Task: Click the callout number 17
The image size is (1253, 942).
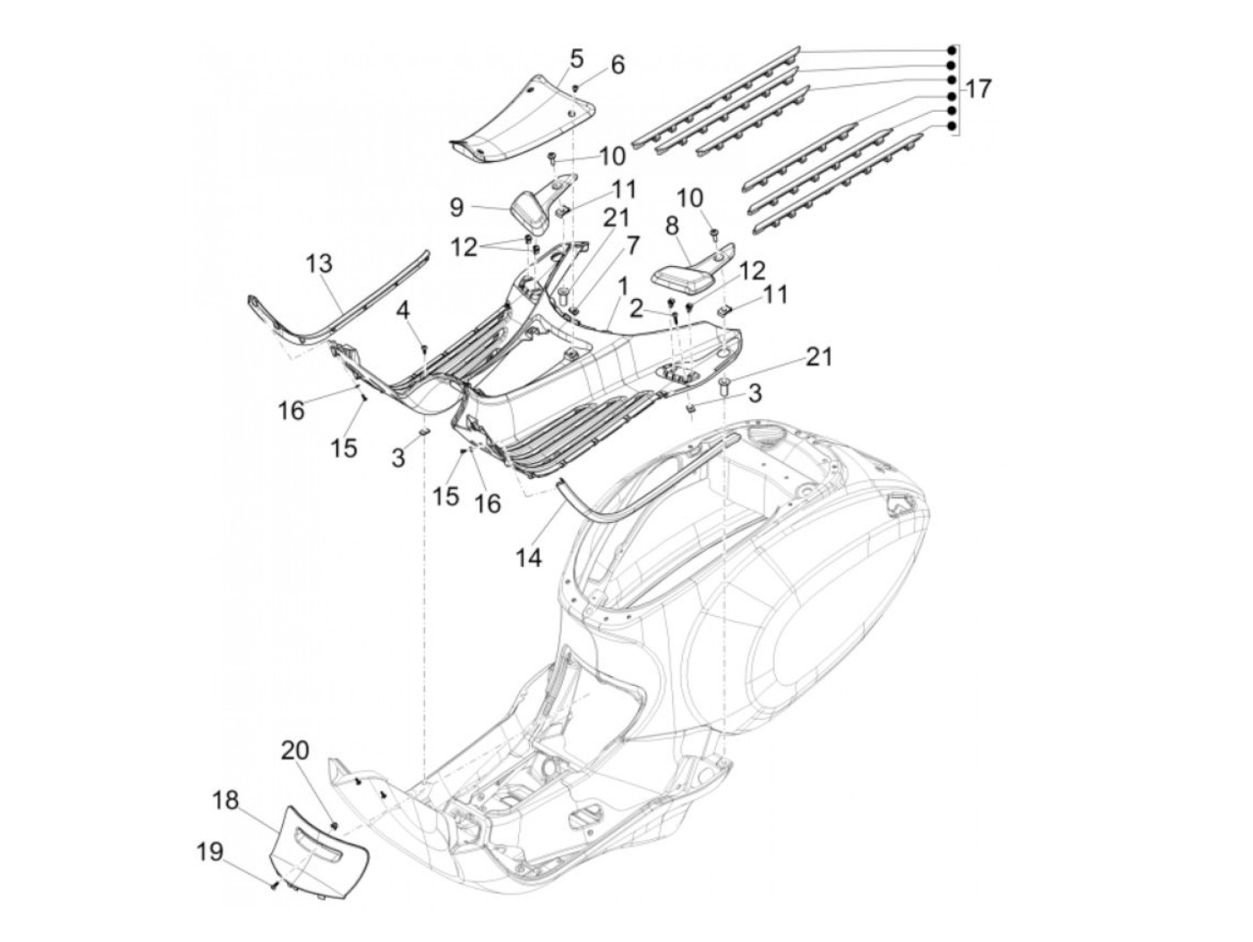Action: (978, 90)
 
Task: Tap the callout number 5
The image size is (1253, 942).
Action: (576, 59)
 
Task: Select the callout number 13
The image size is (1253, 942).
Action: (319, 264)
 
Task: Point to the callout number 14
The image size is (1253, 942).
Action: (528, 558)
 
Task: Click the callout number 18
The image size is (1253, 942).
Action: (226, 801)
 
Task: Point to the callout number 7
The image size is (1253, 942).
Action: (633, 244)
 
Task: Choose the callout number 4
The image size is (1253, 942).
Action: (404, 311)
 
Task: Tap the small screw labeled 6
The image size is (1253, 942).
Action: (575, 86)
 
